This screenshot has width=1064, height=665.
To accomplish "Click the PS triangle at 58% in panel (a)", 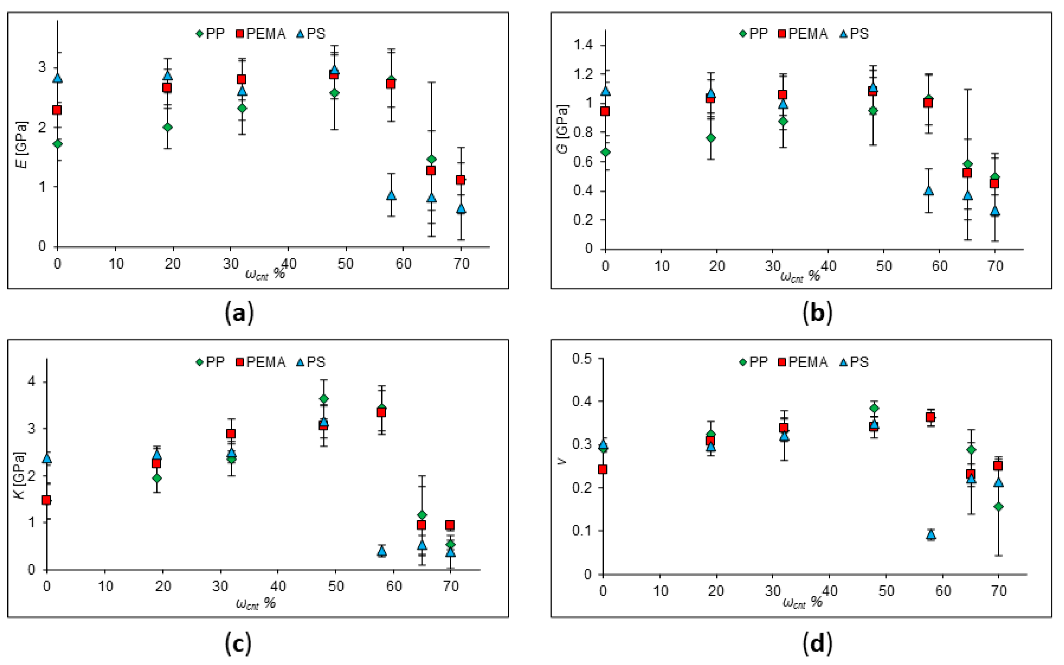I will (391, 195).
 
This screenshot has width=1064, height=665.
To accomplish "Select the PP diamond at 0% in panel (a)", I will (57, 144).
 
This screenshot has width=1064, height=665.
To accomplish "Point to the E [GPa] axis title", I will (21, 145).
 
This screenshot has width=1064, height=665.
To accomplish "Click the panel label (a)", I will (239, 313).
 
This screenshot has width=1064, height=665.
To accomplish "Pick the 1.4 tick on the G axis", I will (583, 45).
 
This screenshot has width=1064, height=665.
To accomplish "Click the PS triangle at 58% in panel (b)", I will (928, 190).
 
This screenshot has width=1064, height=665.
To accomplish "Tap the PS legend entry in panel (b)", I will (854, 34).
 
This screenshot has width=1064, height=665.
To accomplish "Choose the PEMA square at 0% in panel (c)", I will (46, 500).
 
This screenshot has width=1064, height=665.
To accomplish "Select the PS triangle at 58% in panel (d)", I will (931, 534).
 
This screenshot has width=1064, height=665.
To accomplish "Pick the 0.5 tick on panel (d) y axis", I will (581, 358).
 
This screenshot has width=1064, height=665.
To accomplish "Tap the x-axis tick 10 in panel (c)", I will (105, 586).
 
